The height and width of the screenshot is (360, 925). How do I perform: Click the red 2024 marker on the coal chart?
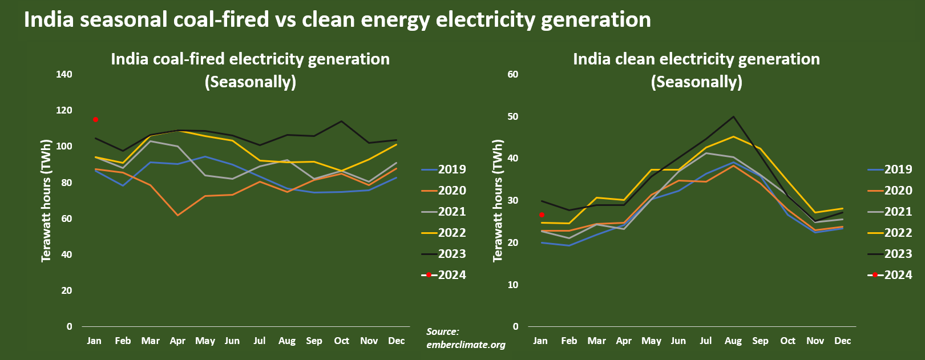(95, 119)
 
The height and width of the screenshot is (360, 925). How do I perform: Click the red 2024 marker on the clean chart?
(542, 215)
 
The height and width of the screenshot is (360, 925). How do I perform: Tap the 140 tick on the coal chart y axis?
(64, 74)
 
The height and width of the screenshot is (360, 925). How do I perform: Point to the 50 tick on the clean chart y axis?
(513, 116)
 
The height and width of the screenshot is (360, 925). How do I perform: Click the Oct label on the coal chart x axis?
(341, 341)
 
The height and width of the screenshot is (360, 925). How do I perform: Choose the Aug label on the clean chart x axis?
(733, 341)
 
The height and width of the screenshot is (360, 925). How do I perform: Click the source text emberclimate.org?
(466, 345)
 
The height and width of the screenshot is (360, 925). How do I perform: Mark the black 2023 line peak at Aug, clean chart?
(733, 116)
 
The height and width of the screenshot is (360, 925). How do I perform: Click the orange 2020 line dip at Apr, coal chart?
(177, 215)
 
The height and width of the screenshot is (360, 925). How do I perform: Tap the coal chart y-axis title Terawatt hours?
(46, 200)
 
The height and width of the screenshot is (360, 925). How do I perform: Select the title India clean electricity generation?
(696, 59)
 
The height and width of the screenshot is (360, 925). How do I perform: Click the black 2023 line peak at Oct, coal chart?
(341, 121)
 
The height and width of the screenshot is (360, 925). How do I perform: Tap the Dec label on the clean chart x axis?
(842, 341)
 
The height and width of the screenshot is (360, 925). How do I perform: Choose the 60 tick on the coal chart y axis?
(67, 219)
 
